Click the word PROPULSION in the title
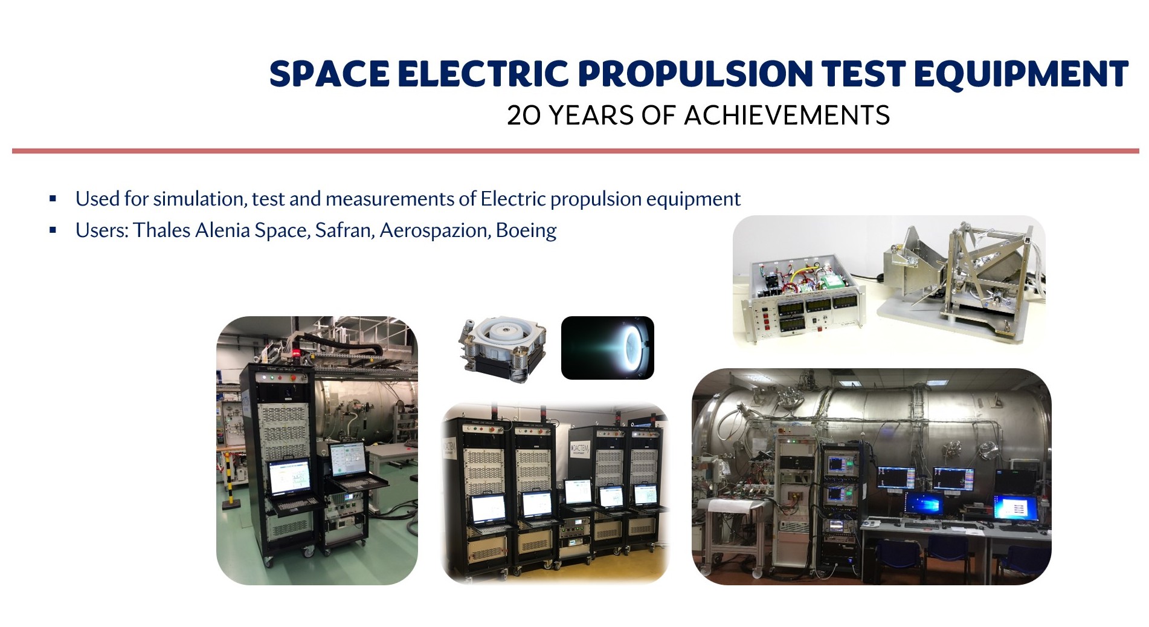(x=694, y=74)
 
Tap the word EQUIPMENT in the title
(x=1021, y=74)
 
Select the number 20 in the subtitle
(x=524, y=115)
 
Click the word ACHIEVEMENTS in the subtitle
(x=787, y=115)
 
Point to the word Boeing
(x=526, y=230)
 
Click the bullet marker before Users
(x=53, y=230)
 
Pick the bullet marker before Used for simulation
(x=53, y=199)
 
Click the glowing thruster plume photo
(x=608, y=348)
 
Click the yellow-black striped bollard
(x=229, y=481)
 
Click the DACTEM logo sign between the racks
(x=579, y=449)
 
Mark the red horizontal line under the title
(x=575, y=151)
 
